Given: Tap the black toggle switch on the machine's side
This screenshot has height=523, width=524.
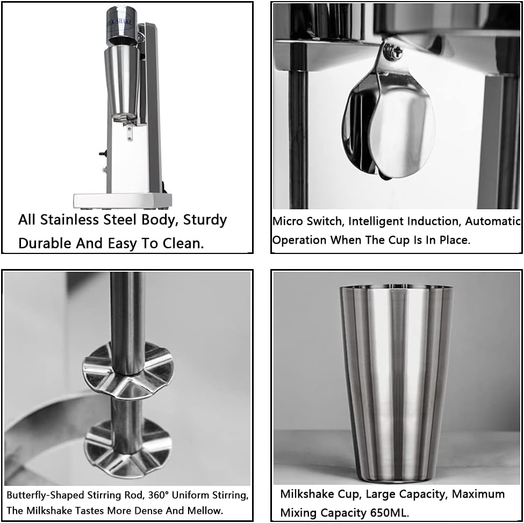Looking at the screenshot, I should (102, 153).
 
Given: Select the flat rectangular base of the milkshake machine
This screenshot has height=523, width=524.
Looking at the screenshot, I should (123, 201).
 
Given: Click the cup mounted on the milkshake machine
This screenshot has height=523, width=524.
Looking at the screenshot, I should (122, 81).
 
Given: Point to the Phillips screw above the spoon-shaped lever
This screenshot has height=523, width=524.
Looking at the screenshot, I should (396, 52).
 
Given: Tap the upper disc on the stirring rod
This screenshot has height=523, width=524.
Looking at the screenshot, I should (128, 370).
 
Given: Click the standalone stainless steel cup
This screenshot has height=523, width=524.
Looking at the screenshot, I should (396, 382).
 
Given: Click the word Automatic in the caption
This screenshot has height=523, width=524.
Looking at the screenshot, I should (493, 221).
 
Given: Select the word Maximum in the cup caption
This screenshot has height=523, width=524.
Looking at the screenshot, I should (477, 494).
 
